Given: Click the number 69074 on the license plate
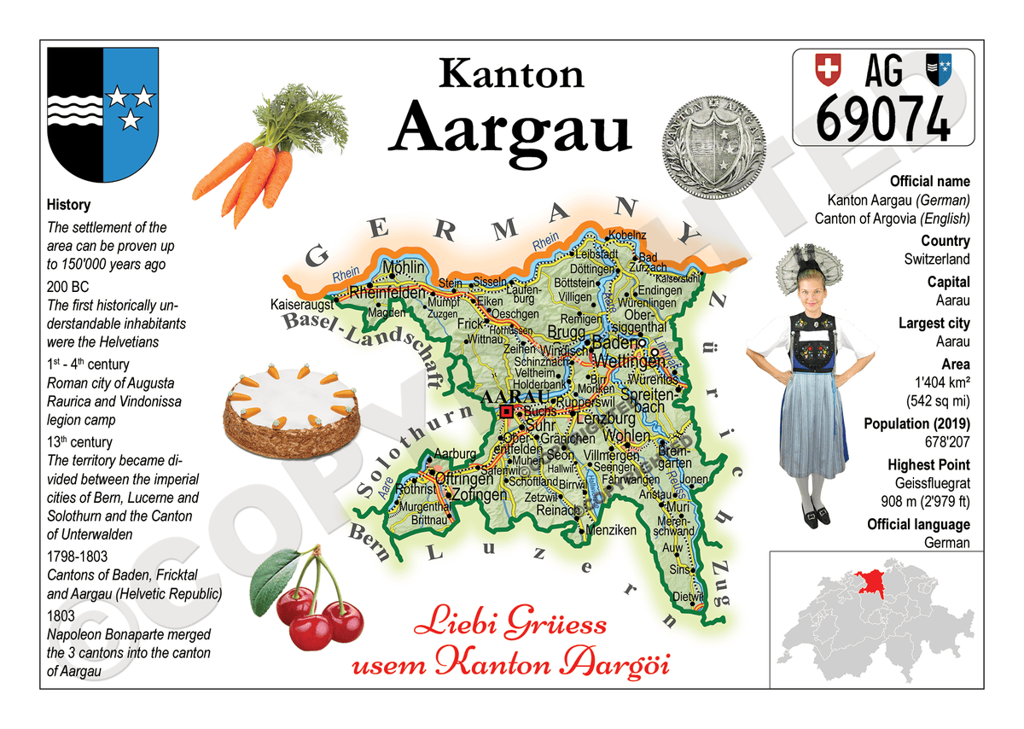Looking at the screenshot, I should (x=882, y=118).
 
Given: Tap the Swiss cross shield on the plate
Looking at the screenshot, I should (x=827, y=69).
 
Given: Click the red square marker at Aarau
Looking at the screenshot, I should (x=507, y=411).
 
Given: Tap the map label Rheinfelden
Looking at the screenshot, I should (x=387, y=293).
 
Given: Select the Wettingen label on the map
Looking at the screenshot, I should (x=628, y=361).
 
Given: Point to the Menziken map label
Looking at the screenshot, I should (x=611, y=530).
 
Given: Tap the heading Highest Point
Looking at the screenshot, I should (x=928, y=464).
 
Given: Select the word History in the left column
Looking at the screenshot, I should (x=68, y=205).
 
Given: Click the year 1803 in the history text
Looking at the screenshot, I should (x=61, y=615).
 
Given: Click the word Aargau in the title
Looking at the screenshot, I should (x=515, y=128).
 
